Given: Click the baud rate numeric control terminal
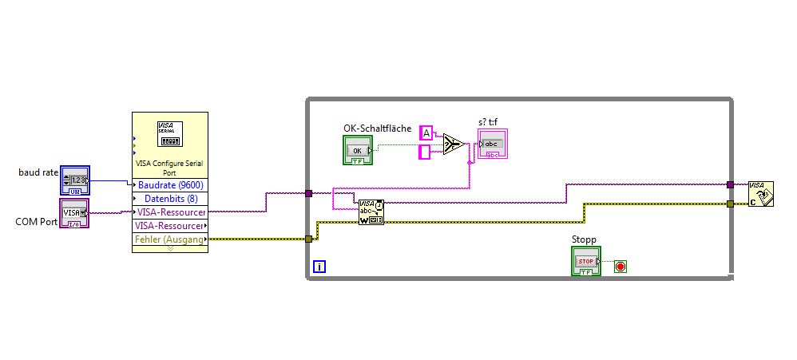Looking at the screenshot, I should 76,180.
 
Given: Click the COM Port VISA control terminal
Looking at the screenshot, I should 75,213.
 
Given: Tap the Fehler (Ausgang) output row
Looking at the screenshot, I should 169,239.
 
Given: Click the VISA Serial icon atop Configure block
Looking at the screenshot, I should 170,133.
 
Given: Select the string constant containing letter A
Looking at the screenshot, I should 426,133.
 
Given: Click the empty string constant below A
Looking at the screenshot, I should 425,151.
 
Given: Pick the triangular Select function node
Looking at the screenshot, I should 454,144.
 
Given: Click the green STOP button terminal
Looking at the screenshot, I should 586,262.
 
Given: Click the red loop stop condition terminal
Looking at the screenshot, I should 621,266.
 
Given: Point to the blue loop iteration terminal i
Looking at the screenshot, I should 319,267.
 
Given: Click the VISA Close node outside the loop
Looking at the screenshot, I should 760,194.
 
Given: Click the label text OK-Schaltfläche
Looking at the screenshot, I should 378,128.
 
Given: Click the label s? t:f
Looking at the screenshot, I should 488,121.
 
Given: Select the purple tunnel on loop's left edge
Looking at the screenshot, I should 308,193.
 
